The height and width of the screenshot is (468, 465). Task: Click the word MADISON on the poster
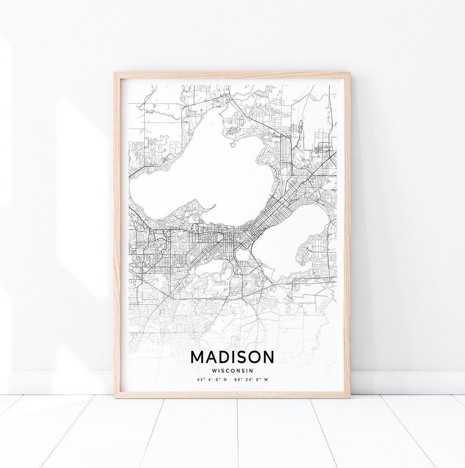232,357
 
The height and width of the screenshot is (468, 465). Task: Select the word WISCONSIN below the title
232,370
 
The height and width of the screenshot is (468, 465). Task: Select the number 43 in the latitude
199,380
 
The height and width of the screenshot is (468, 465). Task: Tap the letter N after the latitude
225,380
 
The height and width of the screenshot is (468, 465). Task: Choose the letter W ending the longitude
266,380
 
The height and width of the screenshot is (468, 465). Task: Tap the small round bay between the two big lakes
242,256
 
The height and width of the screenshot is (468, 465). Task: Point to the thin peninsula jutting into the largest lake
206,211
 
